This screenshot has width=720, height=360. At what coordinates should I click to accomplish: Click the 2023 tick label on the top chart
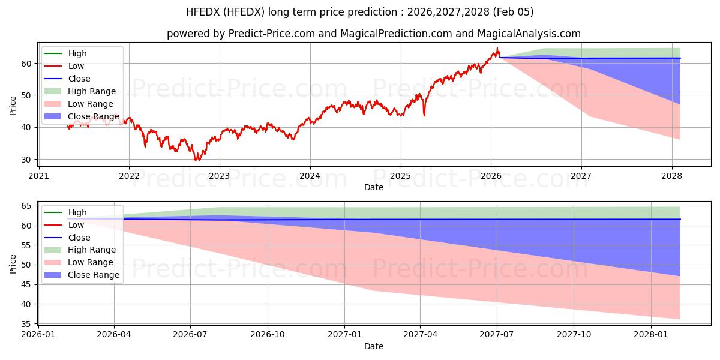click(219, 176)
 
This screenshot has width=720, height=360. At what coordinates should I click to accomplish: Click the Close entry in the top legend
click(79, 79)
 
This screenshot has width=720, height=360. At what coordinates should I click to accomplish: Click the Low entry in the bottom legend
click(76, 225)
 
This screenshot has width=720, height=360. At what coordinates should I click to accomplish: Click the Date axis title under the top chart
click(374, 187)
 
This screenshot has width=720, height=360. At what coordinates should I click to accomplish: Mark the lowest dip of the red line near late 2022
click(196, 160)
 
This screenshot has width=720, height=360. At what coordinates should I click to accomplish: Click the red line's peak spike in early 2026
click(497, 49)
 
